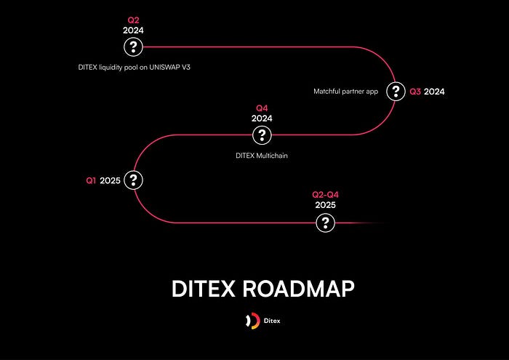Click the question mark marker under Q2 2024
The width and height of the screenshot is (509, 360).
tap(133, 47)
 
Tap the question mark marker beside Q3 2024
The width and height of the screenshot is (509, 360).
tap(396, 92)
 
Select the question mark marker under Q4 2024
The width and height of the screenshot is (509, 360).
tap(262, 135)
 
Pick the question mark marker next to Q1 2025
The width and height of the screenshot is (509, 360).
tap(133, 180)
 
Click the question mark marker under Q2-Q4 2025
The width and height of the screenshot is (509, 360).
tap(325, 223)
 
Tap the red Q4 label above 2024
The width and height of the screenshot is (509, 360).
tap(262, 108)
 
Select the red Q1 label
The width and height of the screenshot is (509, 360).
tap(91, 180)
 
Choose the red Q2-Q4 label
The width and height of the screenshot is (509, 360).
tap(325, 195)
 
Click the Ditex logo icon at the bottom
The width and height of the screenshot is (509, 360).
tap(252, 321)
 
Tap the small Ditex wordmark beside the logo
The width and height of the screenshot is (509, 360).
tap(272, 321)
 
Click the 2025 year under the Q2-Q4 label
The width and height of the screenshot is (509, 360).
tap(325, 205)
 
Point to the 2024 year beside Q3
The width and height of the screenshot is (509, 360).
tap(435, 92)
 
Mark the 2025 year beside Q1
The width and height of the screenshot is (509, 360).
tap(110, 180)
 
